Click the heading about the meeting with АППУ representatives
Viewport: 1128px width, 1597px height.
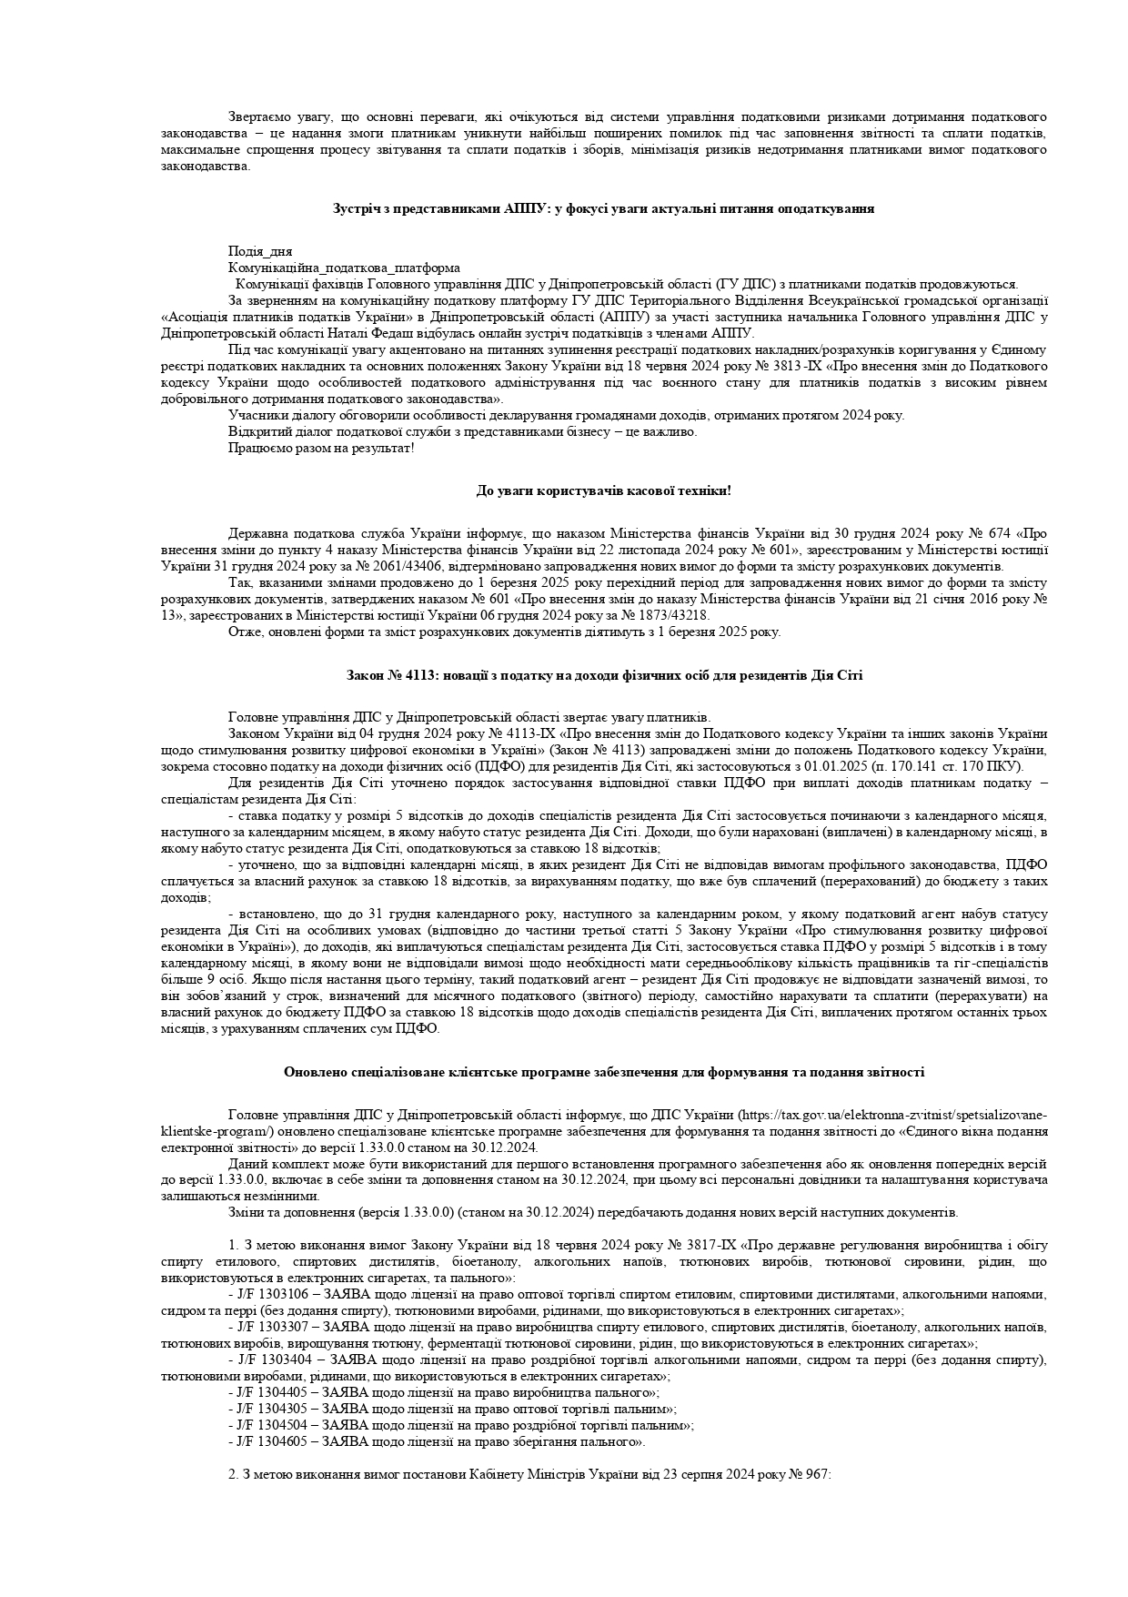(x=604, y=208)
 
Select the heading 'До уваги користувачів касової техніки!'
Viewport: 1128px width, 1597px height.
(x=604, y=491)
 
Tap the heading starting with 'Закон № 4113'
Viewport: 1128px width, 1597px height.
(x=604, y=675)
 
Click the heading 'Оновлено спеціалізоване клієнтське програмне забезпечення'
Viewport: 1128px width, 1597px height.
(x=604, y=1072)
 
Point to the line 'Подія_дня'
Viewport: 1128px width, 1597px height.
(x=260, y=251)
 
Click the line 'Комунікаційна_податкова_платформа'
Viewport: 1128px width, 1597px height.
(x=344, y=268)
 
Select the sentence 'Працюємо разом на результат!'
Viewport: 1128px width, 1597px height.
(x=321, y=448)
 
